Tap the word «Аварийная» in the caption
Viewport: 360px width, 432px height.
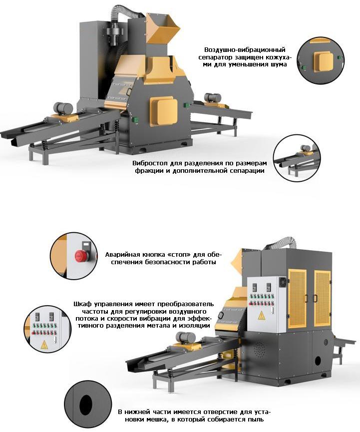pos(121,254)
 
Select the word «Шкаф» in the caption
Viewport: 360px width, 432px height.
pos(82,304)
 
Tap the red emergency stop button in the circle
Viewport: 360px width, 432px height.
pos(79,256)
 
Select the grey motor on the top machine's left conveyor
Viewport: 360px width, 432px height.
pos(63,107)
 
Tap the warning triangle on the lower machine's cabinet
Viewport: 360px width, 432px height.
pos(261,316)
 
